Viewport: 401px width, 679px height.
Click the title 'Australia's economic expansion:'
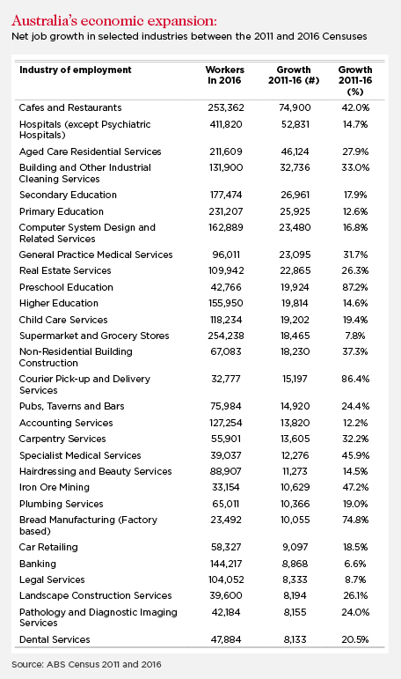click(114, 21)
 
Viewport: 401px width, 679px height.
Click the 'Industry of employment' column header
click(76, 70)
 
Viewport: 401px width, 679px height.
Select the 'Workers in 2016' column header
click(224, 75)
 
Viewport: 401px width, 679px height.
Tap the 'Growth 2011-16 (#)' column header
click(294, 75)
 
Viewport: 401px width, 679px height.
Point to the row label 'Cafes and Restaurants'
click(70, 107)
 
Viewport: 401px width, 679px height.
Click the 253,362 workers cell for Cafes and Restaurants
click(226, 107)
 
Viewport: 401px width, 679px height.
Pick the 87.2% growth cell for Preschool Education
click(355, 287)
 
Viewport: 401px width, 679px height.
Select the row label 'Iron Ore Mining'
click(54, 487)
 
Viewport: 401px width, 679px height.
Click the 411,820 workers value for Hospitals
click(226, 124)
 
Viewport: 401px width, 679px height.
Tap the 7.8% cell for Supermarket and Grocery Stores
click(355, 336)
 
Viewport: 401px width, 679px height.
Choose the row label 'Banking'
click(38, 564)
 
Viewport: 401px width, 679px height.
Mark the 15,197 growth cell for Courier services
click(295, 379)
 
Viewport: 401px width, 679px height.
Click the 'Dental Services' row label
click(55, 639)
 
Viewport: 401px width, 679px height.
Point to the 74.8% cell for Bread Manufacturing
click(355, 520)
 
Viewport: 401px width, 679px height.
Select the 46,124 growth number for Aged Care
click(295, 151)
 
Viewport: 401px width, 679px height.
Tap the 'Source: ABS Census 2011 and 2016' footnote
click(86, 664)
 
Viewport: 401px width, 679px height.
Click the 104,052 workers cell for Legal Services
click(226, 579)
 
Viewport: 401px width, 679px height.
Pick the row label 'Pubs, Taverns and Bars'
click(71, 406)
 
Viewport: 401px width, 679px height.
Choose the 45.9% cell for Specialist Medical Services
click(355, 455)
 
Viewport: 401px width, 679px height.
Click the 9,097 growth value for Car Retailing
click(295, 547)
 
